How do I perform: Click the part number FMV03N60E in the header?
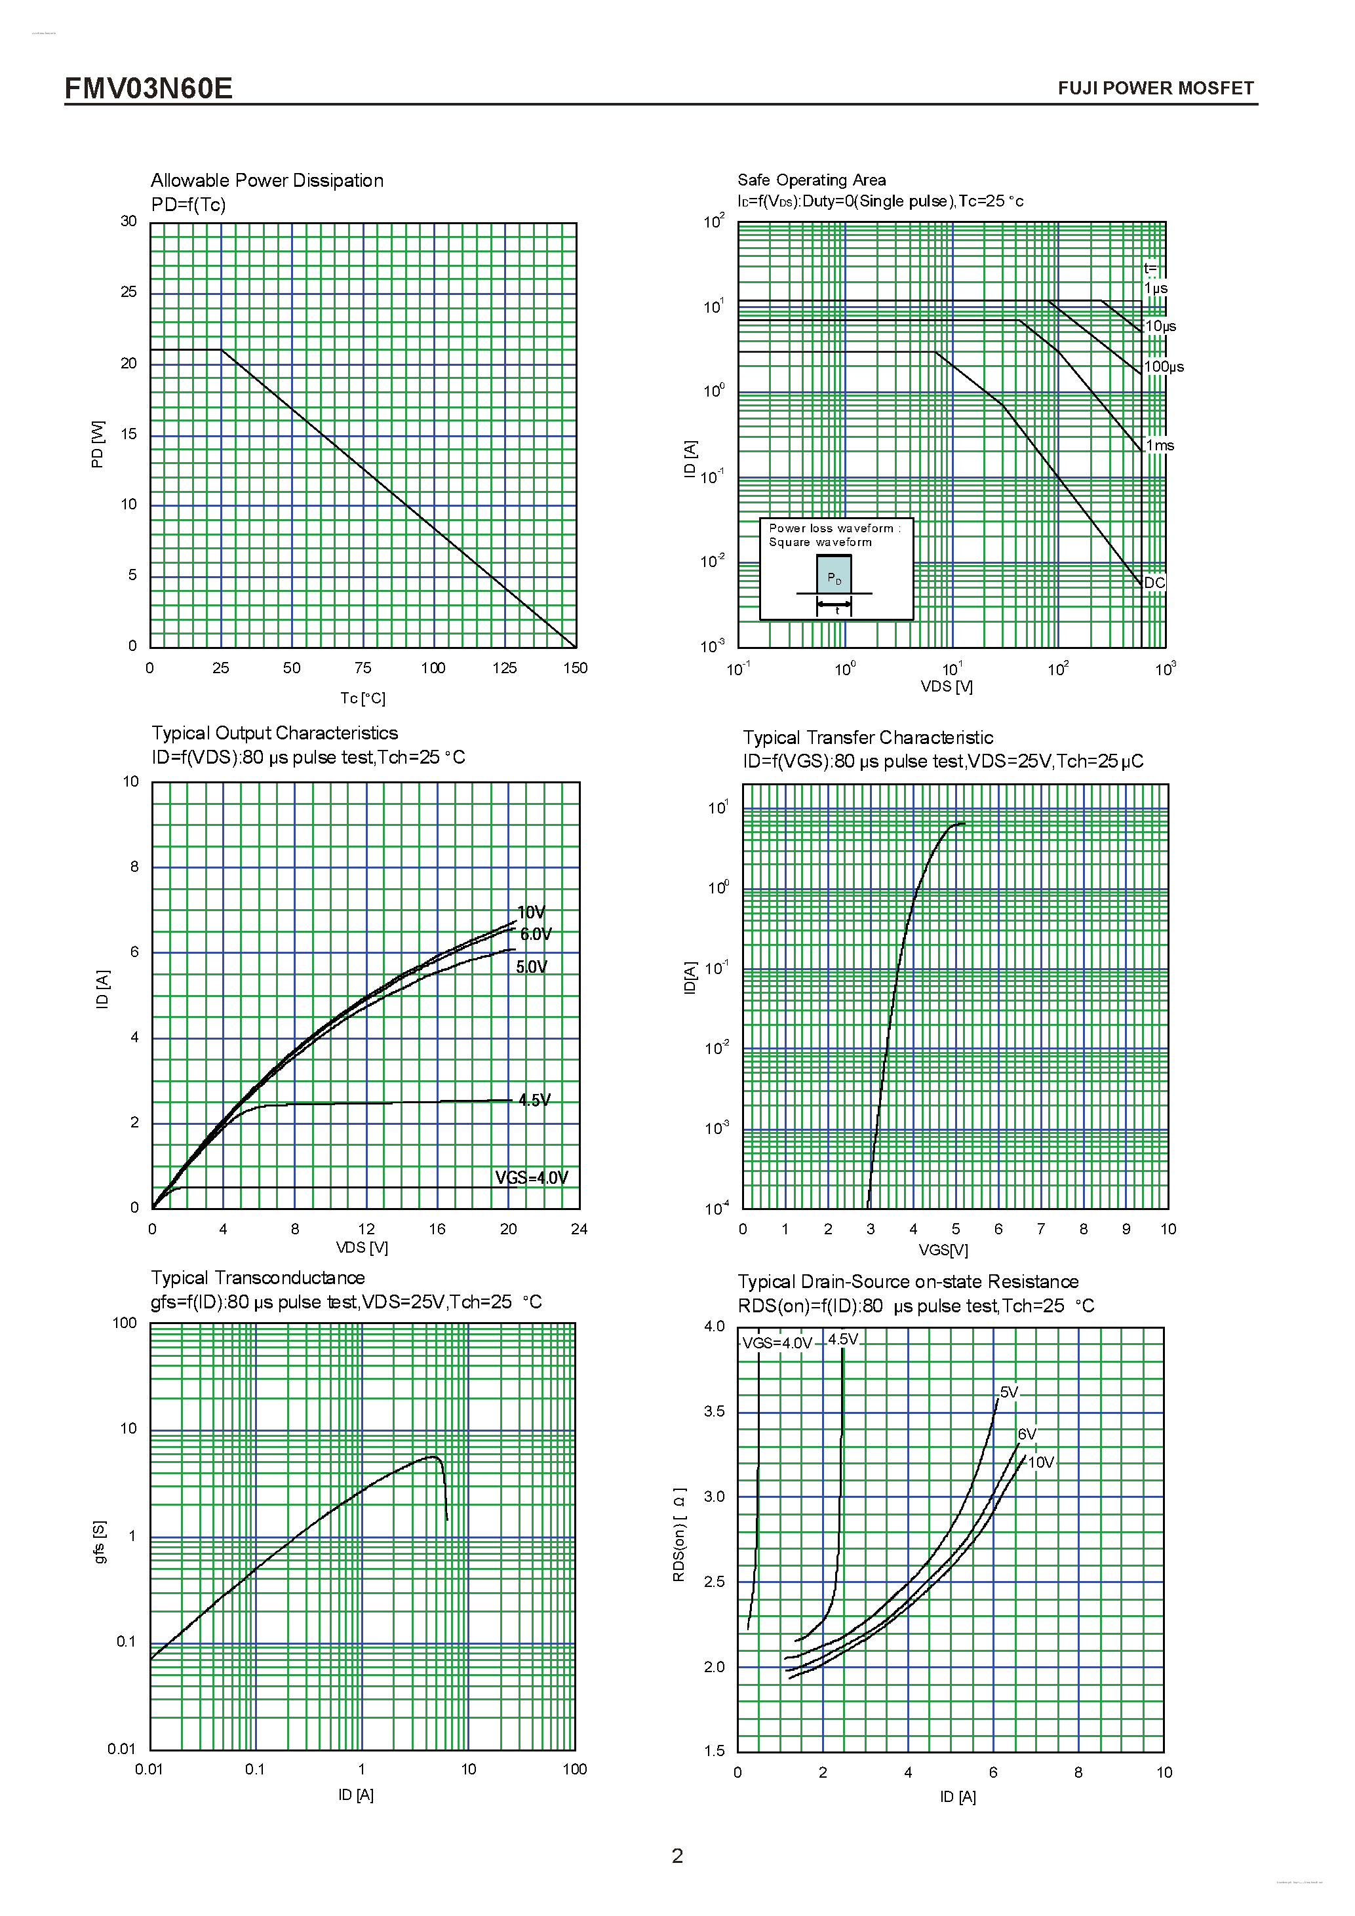[x=149, y=88]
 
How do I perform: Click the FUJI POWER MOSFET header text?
[x=1155, y=88]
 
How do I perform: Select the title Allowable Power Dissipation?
[x=267, y=180]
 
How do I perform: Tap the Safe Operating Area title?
[x=811, y=180]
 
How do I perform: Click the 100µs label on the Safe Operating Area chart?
[x=1163, y=366]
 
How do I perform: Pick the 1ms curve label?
[x=1160, y=446]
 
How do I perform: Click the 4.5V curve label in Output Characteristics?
[x=534, y=1100]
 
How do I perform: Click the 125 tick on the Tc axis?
[x=504, y=667]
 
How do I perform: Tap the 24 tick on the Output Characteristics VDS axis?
[x=579, y=1228]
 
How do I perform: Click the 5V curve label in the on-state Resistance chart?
[x=1010, y=1392]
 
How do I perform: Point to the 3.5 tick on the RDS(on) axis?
[x=715, y=1411]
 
